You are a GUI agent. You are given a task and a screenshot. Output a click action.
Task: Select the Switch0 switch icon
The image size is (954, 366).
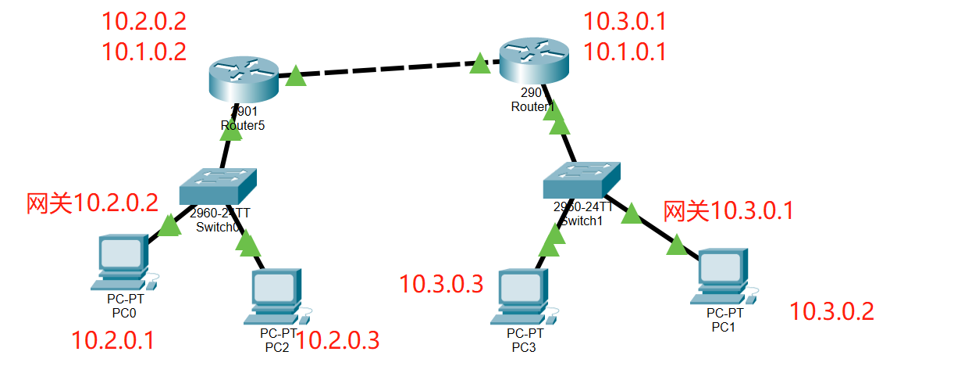point(219,187)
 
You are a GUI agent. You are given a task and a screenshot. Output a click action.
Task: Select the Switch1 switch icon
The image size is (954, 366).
point(582,181)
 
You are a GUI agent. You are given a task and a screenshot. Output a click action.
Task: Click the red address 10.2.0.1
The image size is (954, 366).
point(112,340)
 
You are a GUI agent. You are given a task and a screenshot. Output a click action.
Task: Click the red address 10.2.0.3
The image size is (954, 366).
point(338,340)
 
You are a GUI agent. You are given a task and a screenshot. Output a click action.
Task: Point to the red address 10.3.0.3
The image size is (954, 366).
point(441,284)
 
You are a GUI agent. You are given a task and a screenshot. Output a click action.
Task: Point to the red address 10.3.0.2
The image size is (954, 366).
point(831,312)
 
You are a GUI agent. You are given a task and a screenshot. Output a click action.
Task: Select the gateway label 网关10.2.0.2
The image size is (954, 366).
point(92,203)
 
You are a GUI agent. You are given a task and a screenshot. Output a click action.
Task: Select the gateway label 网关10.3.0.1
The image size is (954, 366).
point(728,210)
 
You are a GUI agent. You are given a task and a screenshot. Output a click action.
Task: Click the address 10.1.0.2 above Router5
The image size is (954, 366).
point(144,52)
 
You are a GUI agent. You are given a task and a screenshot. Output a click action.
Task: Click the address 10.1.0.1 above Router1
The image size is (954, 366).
point(625,52)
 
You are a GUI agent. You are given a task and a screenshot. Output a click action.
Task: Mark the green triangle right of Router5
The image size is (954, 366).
point(295,76)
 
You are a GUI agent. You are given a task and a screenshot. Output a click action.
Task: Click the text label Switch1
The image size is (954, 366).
point(582,221)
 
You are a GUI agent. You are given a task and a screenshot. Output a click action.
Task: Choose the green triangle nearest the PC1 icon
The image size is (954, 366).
point(676,246)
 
